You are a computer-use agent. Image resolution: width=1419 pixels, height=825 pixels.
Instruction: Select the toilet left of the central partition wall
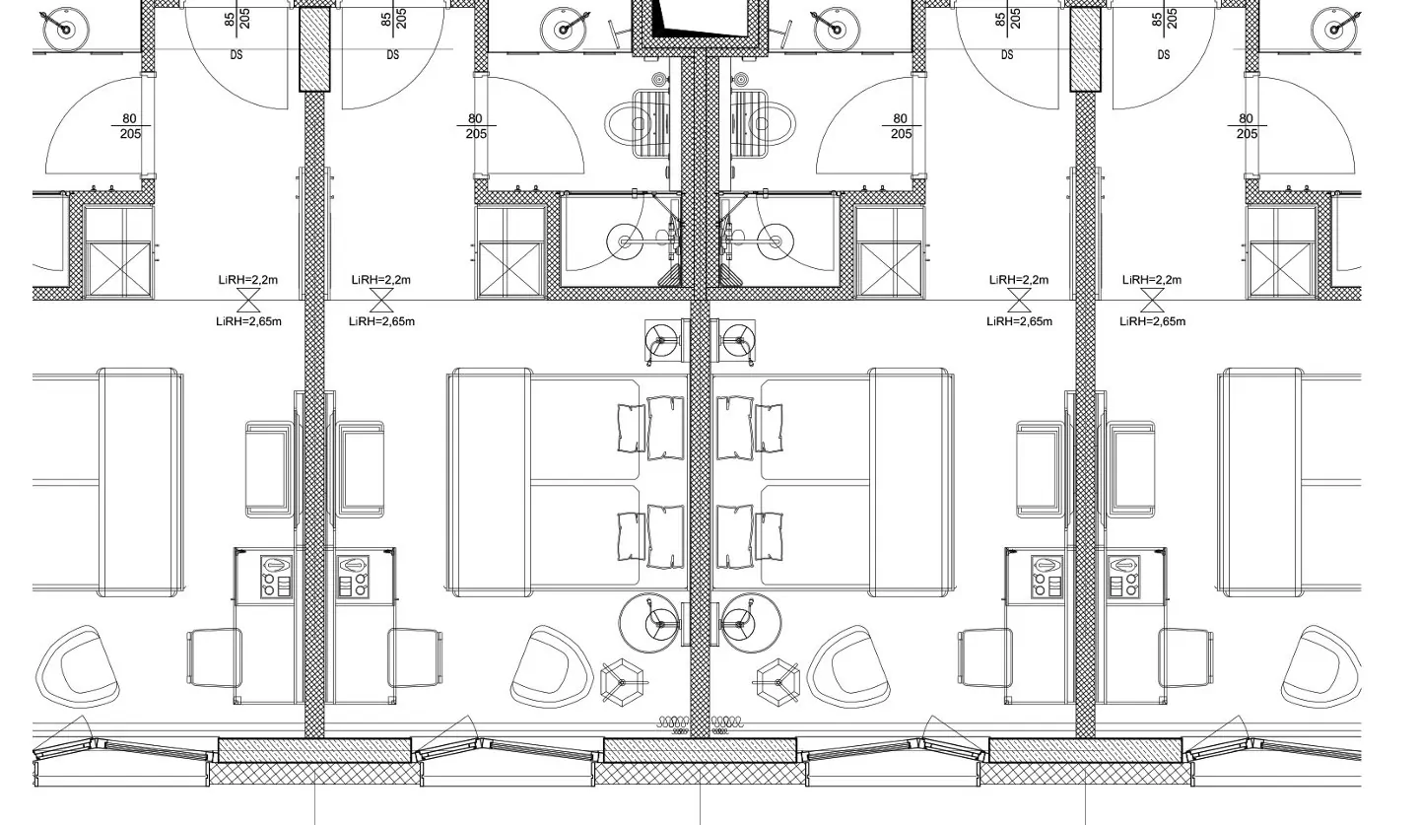tap(637, 123)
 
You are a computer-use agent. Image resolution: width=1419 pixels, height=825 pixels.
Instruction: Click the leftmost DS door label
tap(236, 55)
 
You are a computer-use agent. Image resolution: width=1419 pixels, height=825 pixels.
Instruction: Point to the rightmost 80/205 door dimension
tap(1246, 126)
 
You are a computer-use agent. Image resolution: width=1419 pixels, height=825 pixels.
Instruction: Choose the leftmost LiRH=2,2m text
tap(247, 280)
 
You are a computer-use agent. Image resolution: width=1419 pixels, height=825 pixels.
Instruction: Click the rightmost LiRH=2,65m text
tap(1152, 321)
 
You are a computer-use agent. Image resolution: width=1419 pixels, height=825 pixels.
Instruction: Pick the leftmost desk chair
tap(214, 657)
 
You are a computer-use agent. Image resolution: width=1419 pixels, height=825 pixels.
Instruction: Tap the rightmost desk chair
tap(1186, 657)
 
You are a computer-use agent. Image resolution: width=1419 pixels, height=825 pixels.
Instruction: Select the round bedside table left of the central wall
tap(648, 623)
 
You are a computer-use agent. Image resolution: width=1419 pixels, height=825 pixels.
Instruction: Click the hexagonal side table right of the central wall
tap(778, 682)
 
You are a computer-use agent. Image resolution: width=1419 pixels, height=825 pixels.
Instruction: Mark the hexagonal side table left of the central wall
tap(622, 682)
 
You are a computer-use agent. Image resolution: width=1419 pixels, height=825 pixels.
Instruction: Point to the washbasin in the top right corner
tap(1334, 30)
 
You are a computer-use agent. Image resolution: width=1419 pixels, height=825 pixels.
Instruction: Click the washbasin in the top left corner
tap(65, 30)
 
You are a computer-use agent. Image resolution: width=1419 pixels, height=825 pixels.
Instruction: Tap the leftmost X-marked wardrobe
tap(119, 269)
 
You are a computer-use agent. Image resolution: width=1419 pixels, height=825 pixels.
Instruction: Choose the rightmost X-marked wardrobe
tap(1280, 269)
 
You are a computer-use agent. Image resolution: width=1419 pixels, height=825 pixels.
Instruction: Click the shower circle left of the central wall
tap(625, 241)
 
